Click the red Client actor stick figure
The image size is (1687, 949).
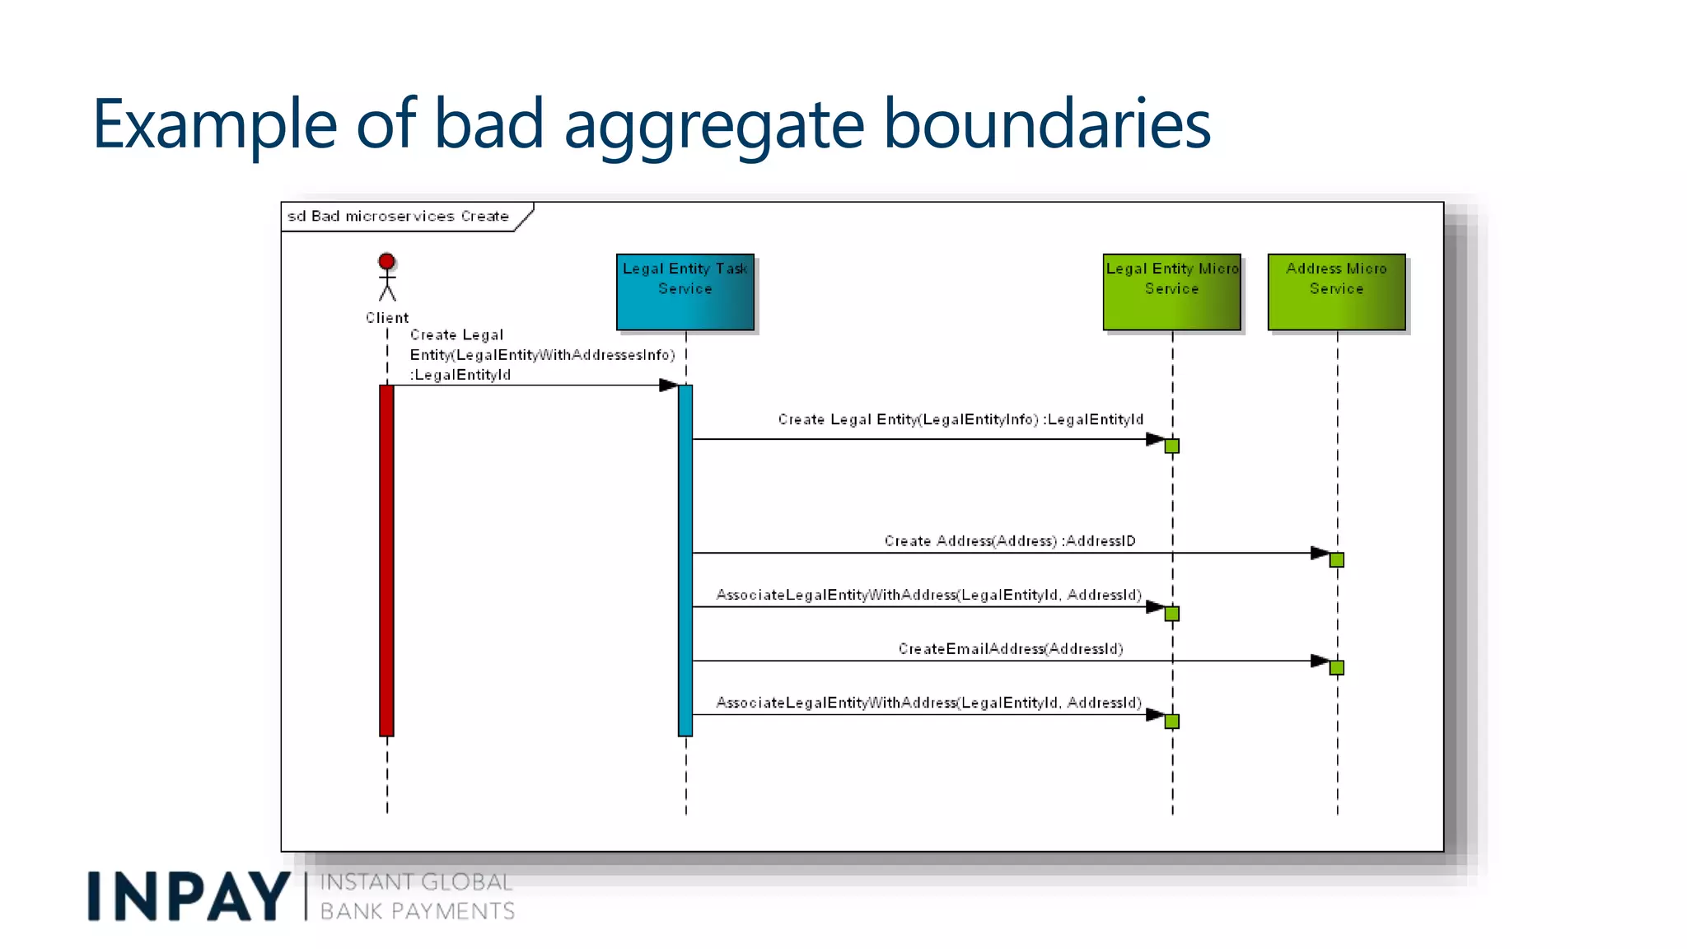386,277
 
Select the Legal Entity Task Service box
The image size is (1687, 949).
685,292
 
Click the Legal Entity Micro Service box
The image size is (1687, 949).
1171,292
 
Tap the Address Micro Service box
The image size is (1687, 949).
1336,292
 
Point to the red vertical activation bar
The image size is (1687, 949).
386,560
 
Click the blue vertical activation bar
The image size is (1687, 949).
685,560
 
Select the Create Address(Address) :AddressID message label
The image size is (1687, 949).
1010,541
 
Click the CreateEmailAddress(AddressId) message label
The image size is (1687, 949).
1010,649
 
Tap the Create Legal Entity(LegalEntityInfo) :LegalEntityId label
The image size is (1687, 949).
960,419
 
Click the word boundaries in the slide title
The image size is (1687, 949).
1046,124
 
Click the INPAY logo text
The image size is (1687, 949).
188,896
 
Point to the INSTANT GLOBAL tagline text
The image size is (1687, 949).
416,882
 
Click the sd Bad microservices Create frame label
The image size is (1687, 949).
398,217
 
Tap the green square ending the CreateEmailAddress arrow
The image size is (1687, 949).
1336,667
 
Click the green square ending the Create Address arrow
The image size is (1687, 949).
1336,560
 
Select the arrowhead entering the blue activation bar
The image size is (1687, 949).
668,386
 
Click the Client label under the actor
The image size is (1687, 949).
386,318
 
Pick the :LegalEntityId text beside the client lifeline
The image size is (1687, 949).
461,375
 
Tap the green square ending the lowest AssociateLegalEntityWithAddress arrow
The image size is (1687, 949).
1171,722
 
